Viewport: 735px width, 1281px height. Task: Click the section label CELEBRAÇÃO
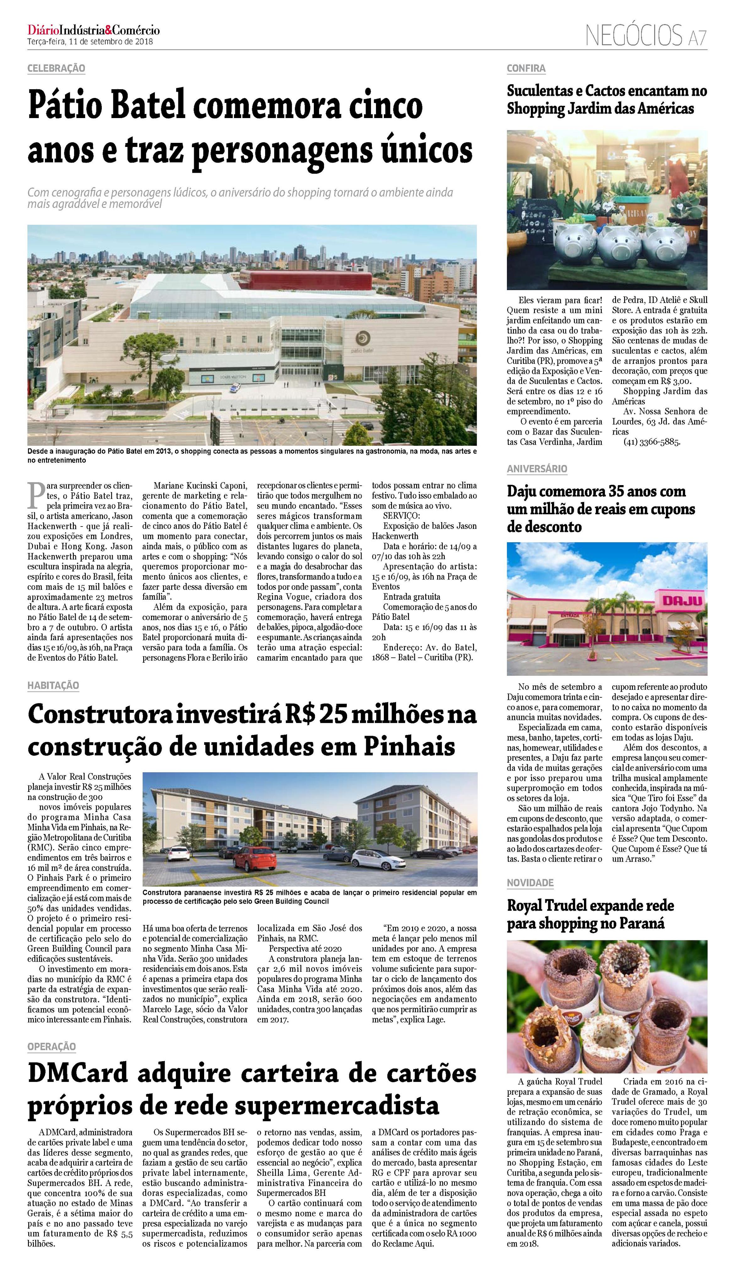pyautogui.click(x=56, y=68)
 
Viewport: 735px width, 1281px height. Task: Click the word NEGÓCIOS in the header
pyautogui.click(x=634, y=35)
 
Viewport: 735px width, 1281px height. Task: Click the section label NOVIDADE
pyautogui.click(x=530, y=883)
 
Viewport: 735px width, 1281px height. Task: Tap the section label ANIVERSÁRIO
pyautogui.click(x=536, y=469)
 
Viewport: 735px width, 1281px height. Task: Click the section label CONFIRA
pyautogui.click(x=526, y=68)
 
